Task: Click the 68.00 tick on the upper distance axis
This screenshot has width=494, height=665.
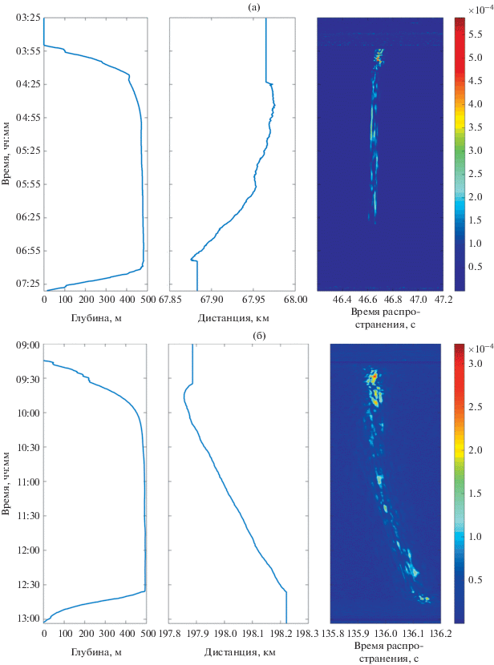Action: (x=295, y=300)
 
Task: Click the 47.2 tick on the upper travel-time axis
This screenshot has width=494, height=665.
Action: (x=443, y=300)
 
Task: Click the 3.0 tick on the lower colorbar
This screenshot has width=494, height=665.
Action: (x=474, y=363)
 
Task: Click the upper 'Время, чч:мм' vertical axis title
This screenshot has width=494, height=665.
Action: (x=7, y=152)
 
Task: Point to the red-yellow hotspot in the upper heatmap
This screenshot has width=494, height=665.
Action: (x=379, y=57)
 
